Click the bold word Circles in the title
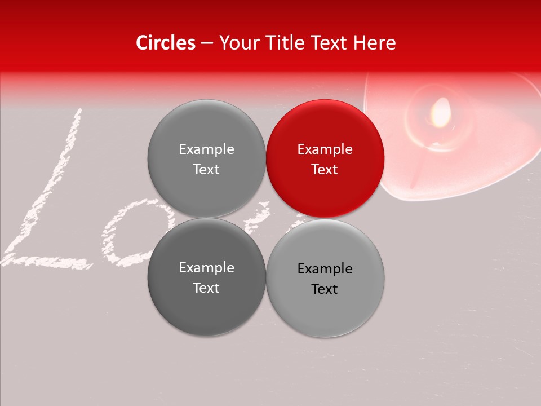pyautogui.click(x=166, y=43)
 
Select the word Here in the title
pyautogui.click(x=375, y=43)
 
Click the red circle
pyautogui.click(x=325, y=158)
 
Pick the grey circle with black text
pyautogui.click(x=325, y=278)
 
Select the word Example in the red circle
pyautogui.click(x=325, y=149)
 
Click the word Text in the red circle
pyautogui.click(x=325, y=169)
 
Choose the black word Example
pyautogui.click(x=325, y=268)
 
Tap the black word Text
pyautogui.click(x=325, y=289)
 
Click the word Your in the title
pyautogui.click(x=237, y=43)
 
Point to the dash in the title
pyautogui.click(x=207, y=43)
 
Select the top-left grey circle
pyautogui.click(x=206, y=158)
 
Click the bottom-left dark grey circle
pyautogui.click(x=206, y=277)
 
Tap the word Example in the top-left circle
pyautogui.click(x=206, y=149)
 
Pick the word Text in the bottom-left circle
pyautogui.click(x=206, y=288)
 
